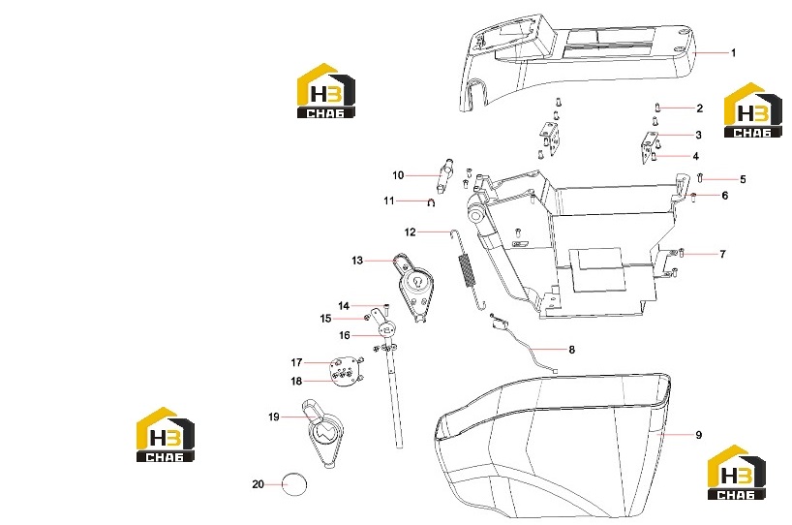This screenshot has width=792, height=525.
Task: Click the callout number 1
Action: [733, 52]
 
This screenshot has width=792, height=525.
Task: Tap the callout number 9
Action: [698, 435]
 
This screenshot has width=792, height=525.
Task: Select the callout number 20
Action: [259, 484]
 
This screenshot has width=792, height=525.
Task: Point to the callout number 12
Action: [411, 232]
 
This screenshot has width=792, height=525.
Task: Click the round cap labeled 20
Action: [294, 484]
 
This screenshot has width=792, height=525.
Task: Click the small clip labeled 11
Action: [431, 202]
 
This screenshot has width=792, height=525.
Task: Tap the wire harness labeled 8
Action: [523, 344]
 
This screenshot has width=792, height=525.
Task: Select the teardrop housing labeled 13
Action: [415, 288]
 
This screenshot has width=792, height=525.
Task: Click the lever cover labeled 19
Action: [323, 434]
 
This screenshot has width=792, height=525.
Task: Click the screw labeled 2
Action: [657, 108]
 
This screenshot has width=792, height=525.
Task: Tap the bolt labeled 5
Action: [700, 177]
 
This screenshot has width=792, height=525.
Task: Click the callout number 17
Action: [296, 362]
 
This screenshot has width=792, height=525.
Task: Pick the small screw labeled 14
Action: [387, 306]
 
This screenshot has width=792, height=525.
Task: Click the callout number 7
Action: [723, 254]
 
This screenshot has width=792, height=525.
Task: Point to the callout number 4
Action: [695, 156]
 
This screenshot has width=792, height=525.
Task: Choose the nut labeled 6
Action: [694, 196]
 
